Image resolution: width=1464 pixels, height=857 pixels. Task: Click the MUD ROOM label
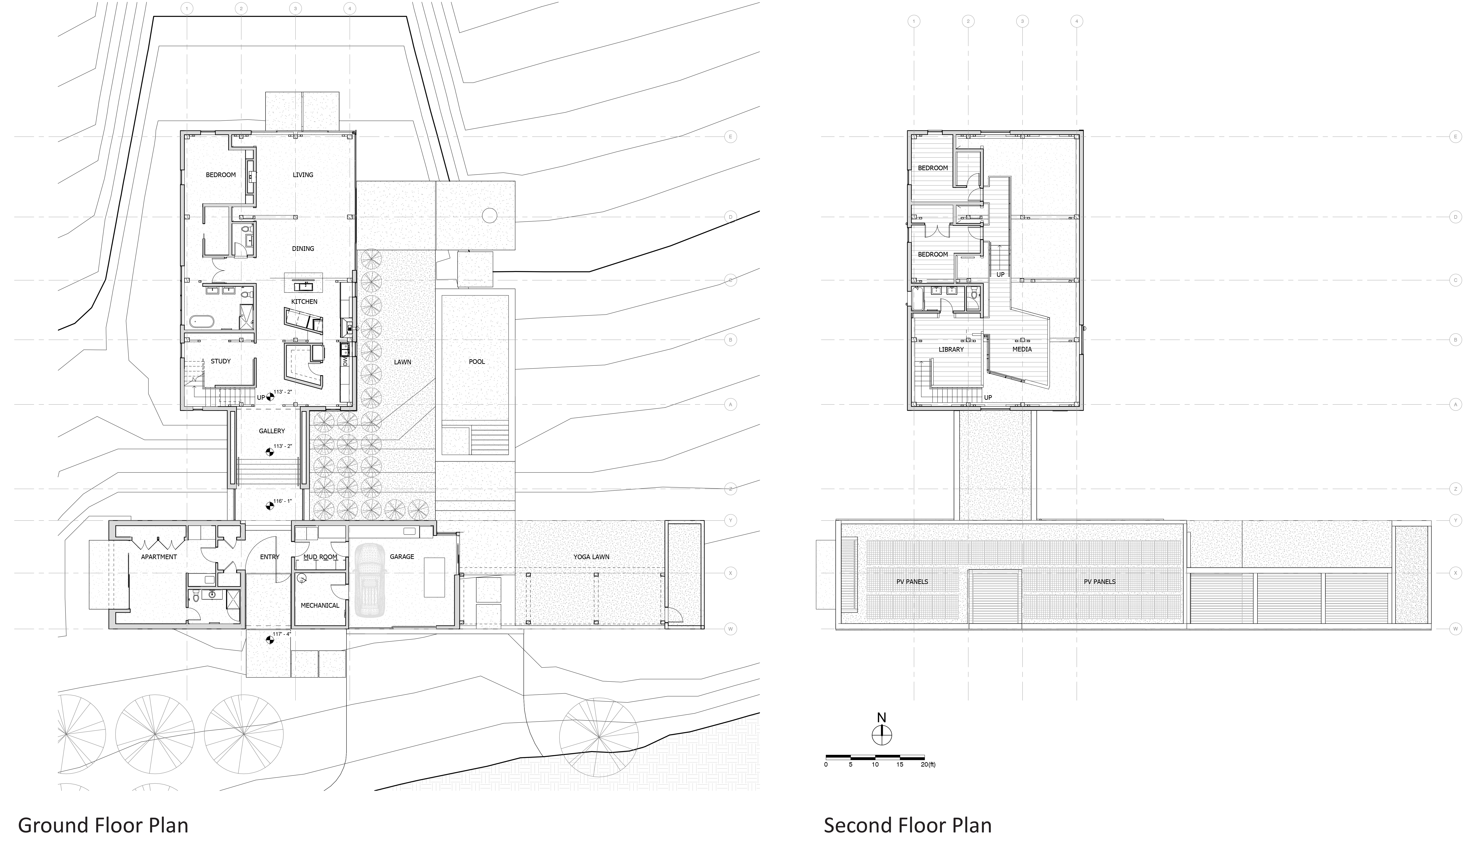[320, 557]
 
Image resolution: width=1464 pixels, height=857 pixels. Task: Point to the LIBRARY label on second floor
[951, 349]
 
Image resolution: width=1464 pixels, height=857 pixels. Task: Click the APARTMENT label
[159, 557]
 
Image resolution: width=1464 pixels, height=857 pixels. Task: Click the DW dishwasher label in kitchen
[345, 362]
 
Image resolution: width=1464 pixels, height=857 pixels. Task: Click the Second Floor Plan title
[907, 825]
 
